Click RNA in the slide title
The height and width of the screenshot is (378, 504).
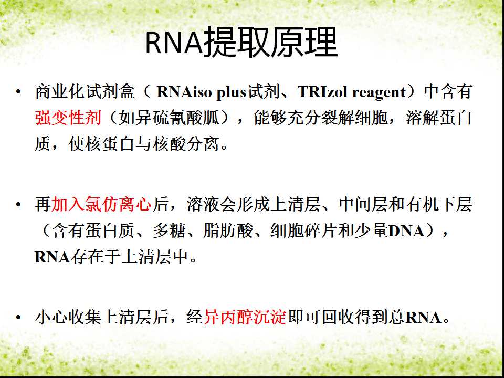point(174,43)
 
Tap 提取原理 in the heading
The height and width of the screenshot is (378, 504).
point(270,42)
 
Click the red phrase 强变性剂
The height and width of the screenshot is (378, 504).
point(68,117)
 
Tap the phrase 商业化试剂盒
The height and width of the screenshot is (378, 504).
point(85,92)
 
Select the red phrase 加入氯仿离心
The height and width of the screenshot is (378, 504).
point(101,204)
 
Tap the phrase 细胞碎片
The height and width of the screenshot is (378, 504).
point(303,230)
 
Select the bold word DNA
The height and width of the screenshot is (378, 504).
point(406,231)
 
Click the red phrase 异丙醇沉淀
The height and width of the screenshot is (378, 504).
point(244,317)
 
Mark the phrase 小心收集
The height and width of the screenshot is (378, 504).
point(68,317)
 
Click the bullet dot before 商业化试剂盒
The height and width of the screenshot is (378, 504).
point(18,92)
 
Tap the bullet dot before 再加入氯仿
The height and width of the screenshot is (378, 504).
point(18,204)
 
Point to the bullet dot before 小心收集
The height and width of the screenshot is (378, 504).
point(18,317)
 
